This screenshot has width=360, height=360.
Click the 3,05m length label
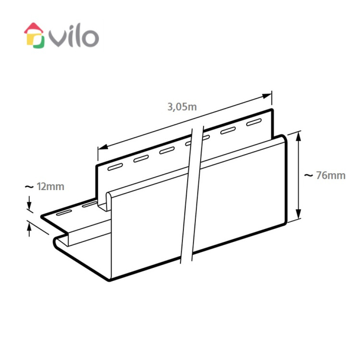(x=182, y=107)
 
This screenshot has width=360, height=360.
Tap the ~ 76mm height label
(x=325, y=175)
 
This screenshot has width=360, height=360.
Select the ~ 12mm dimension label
(x=45, y=186)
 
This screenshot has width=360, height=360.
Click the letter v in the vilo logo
(x=58, y=39)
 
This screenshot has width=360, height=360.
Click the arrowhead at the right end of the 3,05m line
(x=267, y=96)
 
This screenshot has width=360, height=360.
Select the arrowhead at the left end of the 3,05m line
(x=103, y=147)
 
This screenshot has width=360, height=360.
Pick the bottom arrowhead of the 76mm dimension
(x=298, y=214)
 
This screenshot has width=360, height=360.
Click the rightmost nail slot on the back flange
(x=254, y=122)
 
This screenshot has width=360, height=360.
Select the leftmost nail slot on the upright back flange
(x=115, y=167)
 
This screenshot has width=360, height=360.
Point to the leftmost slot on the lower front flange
(x=64, y=213)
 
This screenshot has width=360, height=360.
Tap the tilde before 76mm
(x=309, y=176)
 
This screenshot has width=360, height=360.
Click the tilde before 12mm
(x=29, y=187)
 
